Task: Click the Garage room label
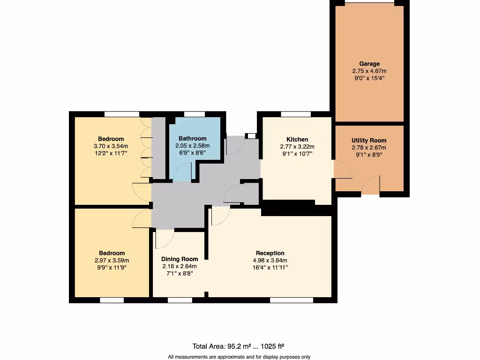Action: pos(369,64)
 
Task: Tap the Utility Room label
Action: pos(369,141)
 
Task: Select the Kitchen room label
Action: pos(297,139)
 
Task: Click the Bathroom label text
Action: pos(192,138)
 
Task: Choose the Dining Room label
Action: pos(180,259)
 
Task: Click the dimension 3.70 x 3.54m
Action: pos(111,146)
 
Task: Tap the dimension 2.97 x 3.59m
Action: pos(112,261)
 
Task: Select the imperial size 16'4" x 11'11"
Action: pos(270,268)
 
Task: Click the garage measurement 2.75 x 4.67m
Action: pos(369,71)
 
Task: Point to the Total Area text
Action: pos(239,346)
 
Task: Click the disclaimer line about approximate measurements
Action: pos(239,357)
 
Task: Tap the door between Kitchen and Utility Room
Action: pos(342,170)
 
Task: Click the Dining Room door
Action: pos(164,239)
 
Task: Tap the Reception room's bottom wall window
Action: pos(292,300)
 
